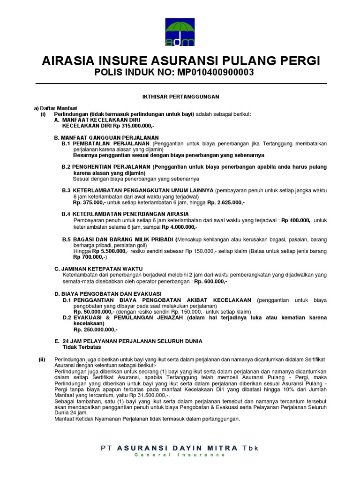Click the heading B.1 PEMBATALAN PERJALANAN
[105, 142]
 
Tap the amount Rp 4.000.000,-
[180, 226]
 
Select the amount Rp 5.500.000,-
[108, 251]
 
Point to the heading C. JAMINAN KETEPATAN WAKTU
[98, 269]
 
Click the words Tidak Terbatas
[82, 347]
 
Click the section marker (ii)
[42, 359]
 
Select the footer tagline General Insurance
[180, 455]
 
